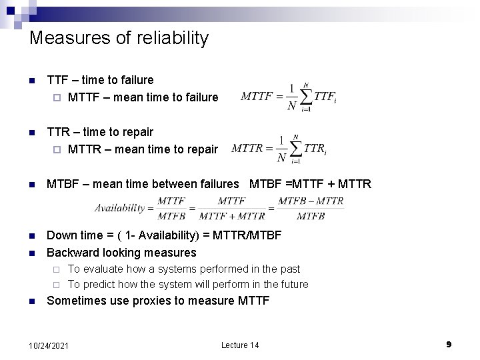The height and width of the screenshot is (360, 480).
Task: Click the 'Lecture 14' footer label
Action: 240,345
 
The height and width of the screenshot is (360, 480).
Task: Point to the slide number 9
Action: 449,344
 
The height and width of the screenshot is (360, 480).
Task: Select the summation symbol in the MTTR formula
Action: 295,148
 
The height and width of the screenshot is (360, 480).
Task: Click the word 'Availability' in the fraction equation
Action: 120,208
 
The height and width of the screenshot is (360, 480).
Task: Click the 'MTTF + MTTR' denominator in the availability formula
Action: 231,216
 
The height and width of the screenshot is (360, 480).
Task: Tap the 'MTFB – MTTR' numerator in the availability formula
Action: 311,201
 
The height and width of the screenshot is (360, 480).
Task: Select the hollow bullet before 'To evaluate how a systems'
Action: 56,269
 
